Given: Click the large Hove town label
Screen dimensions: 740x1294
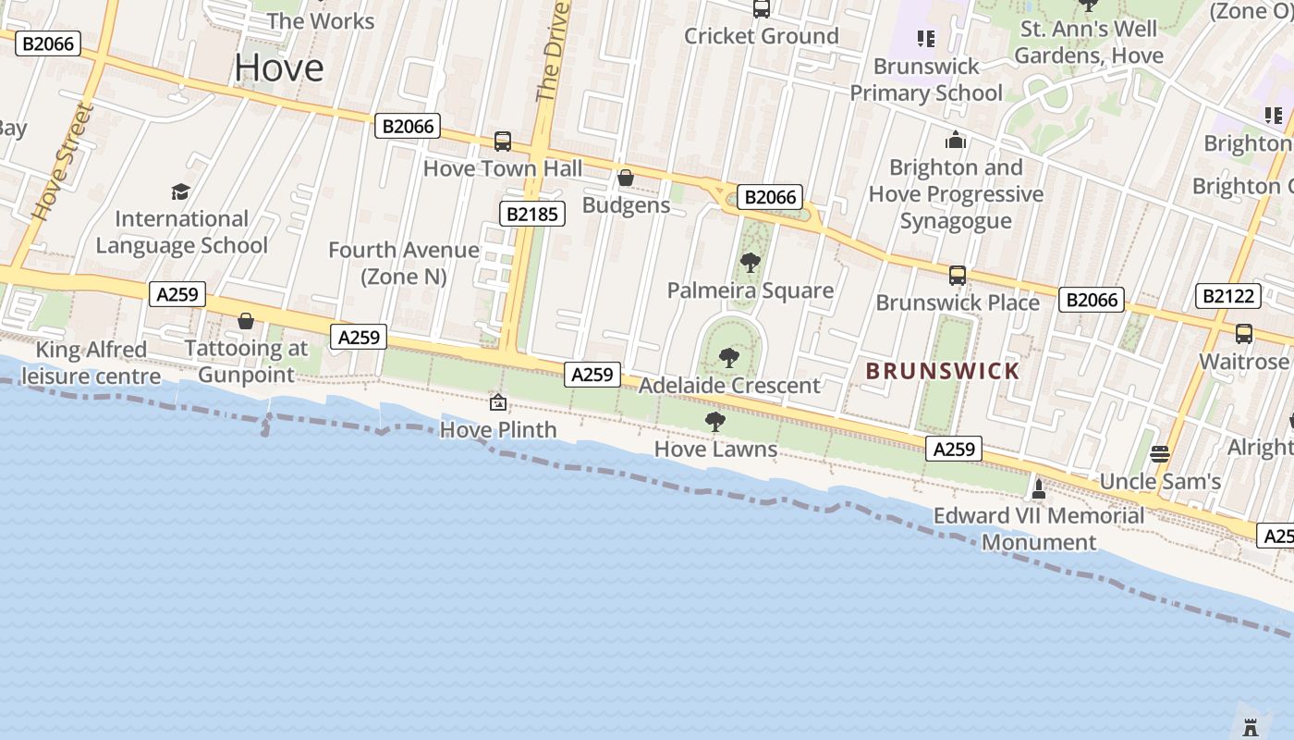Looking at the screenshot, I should click(x=279, y=68).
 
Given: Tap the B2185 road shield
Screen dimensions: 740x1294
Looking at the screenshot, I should click(x=532, y=214).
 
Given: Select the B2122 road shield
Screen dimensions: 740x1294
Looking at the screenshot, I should click(x=1228, y=296).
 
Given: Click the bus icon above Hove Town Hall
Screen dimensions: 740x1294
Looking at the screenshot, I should click(x=503, y=142).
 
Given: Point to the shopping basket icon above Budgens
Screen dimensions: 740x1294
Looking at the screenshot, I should click(x=626, y=178).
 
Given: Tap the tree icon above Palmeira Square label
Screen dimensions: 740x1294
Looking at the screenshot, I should click(x=751, y=263).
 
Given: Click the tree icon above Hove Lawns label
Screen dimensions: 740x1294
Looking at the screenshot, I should click(x=714, y=423).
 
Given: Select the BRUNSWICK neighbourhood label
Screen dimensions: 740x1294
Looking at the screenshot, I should click(x=943, y=372).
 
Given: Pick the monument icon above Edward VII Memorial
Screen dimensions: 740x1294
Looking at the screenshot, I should click(x=1039, y=488).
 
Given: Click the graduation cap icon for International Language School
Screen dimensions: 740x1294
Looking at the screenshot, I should click(x=180, y=191).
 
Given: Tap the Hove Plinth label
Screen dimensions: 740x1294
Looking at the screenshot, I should click(x=498, y=429).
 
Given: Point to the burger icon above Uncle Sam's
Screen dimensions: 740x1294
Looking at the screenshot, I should click(x=1160, y=454).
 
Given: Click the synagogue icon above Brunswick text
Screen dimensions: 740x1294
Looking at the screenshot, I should click(x=956, y=141).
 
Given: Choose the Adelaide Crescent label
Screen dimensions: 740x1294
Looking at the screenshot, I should click(x=729, y=385).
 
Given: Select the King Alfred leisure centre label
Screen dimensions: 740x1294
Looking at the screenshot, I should click(x=91, y=363).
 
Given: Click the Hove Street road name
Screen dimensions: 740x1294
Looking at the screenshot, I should click(x=63, y=163).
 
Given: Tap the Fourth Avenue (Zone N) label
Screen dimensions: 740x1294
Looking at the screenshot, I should click(x=404, y=263).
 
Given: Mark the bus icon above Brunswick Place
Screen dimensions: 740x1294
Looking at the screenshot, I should click(x=958, y=276).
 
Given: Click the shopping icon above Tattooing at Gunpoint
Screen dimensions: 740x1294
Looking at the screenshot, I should click(x=246, y=321).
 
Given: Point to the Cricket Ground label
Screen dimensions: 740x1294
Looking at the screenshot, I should click(x=762, y=36).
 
